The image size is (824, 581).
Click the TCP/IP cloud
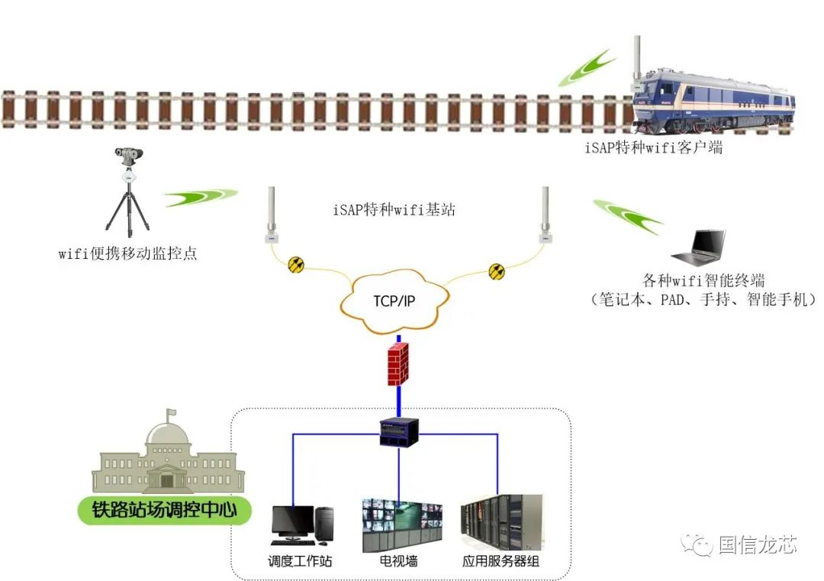(395, 301)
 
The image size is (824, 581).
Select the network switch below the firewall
(398, 433)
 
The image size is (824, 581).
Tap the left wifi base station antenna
(271, 215)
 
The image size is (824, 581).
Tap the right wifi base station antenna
(545, 215)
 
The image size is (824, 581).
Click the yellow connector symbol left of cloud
(296, 265)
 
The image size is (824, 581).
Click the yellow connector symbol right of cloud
(497, 271)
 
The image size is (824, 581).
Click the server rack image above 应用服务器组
(501, 523)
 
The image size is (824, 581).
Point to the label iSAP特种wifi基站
(394, 210)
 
